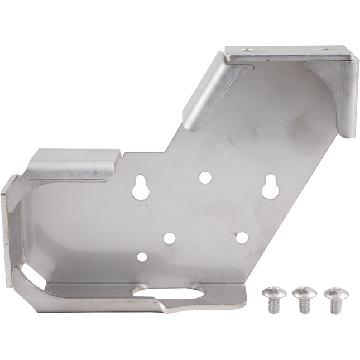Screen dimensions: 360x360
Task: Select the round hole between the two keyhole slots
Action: coord(205,177)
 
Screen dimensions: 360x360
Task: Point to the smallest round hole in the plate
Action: coord(142,257)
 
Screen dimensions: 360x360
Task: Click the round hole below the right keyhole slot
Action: coord(242,237)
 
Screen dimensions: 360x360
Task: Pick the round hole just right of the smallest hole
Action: coord(169,239)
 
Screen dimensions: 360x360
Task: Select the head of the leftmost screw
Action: coord(273,292)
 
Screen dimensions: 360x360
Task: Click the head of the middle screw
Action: coord(304,292)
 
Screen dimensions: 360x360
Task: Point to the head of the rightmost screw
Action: coord(335,292)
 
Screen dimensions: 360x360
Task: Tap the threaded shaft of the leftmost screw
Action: coord(273,305)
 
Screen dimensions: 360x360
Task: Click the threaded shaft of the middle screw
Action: coord(304,305)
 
